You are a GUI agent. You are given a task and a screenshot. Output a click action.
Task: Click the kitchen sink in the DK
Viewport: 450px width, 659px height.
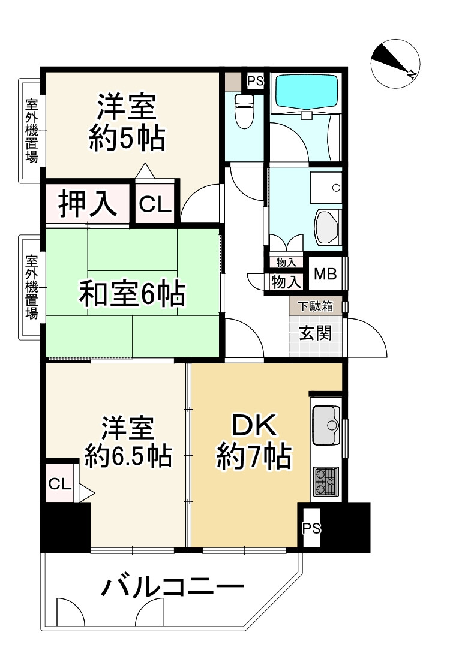click(326, 425)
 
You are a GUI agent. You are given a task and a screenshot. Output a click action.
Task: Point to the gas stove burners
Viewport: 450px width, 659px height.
click(326, 482)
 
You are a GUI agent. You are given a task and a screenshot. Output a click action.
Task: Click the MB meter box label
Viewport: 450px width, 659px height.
click(326, 275)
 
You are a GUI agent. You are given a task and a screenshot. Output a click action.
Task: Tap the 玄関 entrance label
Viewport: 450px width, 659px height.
click(316, 333)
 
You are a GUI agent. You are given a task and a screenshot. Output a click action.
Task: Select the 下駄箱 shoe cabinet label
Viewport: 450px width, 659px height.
click(316, 306)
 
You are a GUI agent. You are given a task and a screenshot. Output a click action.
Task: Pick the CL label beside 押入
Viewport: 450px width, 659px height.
click(155, 204)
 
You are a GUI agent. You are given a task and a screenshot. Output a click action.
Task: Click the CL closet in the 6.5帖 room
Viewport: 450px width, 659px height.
click(60, 484)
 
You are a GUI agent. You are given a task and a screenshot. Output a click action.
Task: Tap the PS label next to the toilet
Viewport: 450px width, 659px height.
click(255, 81)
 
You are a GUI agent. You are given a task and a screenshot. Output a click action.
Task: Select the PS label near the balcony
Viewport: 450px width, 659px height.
click(311, 528)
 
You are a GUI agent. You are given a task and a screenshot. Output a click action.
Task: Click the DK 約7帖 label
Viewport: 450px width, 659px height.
click(254, 441)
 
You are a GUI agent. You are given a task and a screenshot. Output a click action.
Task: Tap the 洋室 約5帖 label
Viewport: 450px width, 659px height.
click(127, 122)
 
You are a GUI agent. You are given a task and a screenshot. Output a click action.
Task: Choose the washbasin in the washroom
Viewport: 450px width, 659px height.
click(328, 227)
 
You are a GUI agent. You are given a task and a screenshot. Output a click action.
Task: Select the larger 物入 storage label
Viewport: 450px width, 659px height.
click(286, 282)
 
